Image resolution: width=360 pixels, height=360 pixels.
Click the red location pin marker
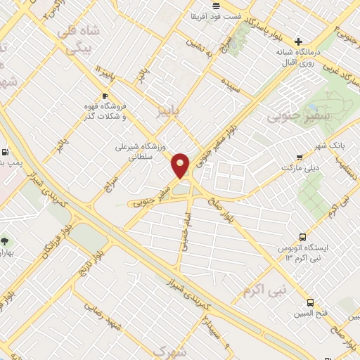[x=181, y=165]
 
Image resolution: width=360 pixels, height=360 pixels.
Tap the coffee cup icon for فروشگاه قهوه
[x=105, y=96]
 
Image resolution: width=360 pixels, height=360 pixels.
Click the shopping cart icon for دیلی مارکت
[x=300, y=157]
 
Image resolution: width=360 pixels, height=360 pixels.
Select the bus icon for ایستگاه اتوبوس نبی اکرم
[x=302, y=238]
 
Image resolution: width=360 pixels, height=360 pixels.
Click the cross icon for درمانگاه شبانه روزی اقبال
[x=300, y=41]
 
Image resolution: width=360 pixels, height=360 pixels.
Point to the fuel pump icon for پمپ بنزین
[x=6, y=151]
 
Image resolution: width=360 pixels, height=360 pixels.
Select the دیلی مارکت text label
[x=300, y=169]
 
